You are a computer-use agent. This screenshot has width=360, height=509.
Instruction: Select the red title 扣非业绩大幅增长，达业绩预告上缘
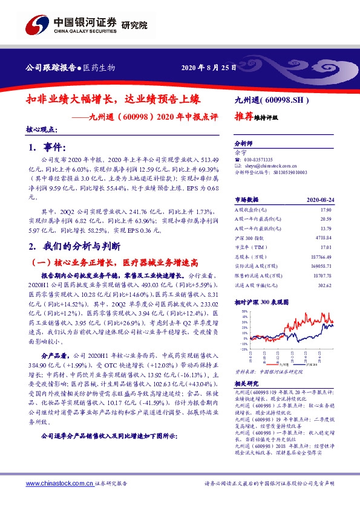pyautogui.click(x=113, y=97)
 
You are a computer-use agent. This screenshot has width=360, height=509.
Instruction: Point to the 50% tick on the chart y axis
pyautogui.click(x=242, y=312)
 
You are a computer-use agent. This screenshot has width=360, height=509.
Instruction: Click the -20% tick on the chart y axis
pyautogui.click(x=242, y=349)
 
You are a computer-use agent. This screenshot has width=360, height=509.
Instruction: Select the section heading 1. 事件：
pyautogui.click(x=46, y=147)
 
